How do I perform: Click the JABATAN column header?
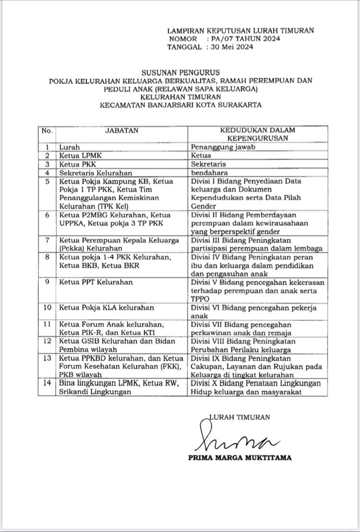click(121, 130)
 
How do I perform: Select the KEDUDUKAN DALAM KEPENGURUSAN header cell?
click(257, 134)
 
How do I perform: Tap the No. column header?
click(47, 130)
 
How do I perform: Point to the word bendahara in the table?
click(209, 172)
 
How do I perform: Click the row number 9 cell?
click(47, 282)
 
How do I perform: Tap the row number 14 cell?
click(47, 384)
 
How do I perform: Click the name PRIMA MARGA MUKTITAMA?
click(240, 458)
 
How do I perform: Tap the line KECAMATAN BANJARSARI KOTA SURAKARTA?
click(181, 106)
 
